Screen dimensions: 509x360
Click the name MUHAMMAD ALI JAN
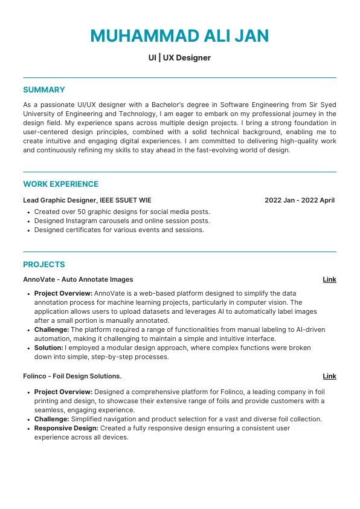point(179,36)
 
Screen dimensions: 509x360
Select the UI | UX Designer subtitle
point(179,58)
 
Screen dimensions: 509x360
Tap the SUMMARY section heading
point(43,90)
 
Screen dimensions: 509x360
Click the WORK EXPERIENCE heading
point(60,184)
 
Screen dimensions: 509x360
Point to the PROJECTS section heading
point(43,265)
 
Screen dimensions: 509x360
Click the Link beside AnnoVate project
point(329,279)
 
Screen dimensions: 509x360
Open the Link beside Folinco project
point(329,376)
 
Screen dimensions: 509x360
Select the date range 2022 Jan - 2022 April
point(299,200)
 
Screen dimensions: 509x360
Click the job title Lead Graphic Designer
point(60,200)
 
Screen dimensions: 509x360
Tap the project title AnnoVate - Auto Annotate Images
point(78,279)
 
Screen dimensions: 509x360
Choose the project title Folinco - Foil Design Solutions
point(72,376)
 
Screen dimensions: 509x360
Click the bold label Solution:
point(48,348)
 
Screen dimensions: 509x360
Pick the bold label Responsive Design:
point(66,428)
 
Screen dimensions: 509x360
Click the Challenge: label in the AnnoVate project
point(51,330)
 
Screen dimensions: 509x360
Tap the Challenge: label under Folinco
point(51,419)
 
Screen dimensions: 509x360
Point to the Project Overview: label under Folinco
point(63,392)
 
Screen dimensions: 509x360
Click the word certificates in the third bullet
point(84,230)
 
